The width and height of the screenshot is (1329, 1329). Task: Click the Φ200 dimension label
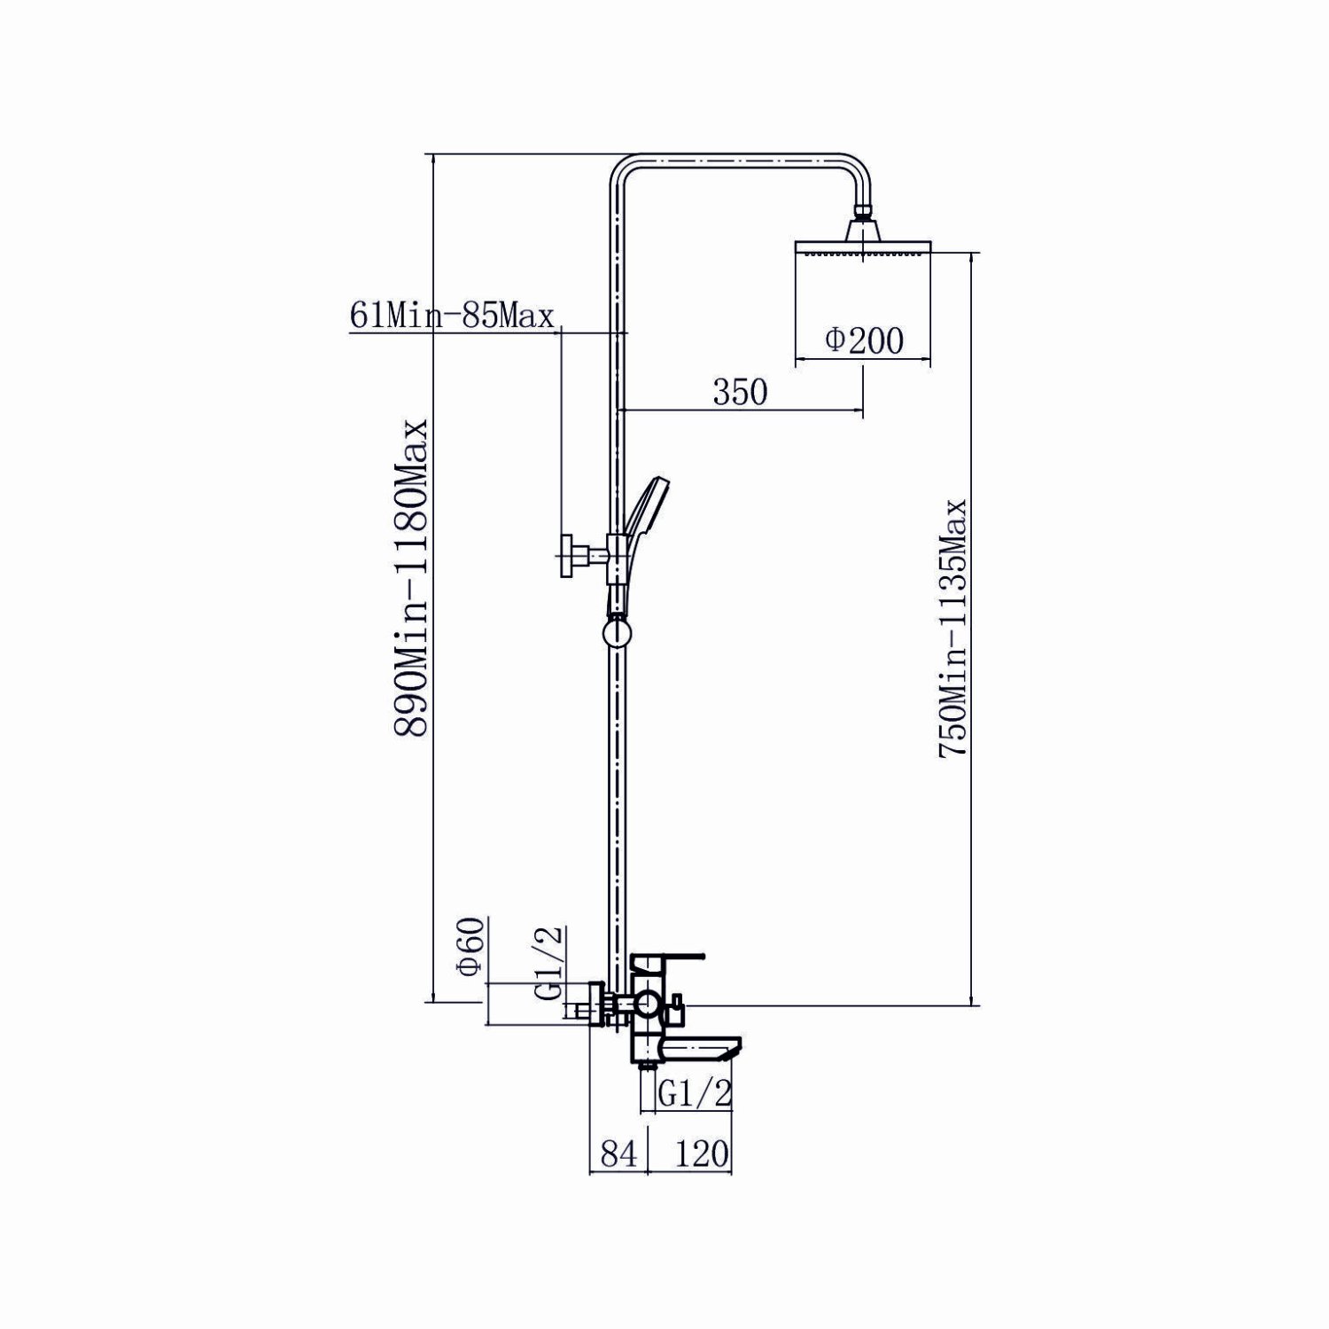(863, 340)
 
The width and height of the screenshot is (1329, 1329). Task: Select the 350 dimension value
(740, 391)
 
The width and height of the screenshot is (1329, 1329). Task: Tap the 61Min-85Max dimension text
(452, 315)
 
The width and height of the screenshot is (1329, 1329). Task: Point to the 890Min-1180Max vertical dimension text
(412, 577)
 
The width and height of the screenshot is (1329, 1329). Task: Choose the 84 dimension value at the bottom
(620, 1153)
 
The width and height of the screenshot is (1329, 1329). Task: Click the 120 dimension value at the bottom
(702, 1153)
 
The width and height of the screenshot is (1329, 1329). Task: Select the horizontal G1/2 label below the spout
(696, 1094)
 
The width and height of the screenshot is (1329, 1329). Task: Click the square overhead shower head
(864, 238)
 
